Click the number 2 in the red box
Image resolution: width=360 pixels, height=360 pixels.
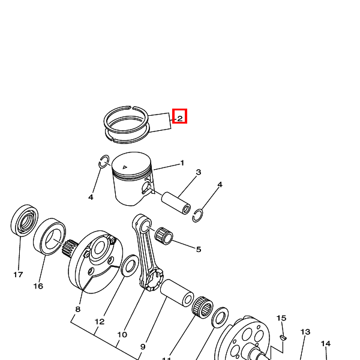180,118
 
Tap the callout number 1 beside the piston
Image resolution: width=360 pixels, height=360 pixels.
182,163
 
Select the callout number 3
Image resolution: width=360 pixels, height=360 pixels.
199,172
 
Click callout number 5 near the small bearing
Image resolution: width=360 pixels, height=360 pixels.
199,250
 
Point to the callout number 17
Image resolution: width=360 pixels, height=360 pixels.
18,275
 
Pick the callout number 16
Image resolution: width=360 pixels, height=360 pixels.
38,286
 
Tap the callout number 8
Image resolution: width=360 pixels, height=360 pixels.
78,309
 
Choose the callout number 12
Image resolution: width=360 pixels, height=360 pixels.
100,322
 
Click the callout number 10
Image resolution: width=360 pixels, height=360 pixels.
122,335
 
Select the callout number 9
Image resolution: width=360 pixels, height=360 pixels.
143,347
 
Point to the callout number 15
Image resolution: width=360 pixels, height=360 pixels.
281,318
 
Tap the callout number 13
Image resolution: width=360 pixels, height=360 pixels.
305,332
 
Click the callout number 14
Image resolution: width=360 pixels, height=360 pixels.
326,343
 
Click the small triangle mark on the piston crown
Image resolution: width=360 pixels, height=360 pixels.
125,167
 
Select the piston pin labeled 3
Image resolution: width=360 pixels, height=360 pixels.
176,203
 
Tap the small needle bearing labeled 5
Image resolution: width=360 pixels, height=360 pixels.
164,236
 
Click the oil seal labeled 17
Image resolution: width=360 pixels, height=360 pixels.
25,220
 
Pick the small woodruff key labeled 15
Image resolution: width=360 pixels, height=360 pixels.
283,337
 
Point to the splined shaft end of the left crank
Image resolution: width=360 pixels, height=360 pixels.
69,248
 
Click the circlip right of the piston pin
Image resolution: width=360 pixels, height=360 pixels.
197,215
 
